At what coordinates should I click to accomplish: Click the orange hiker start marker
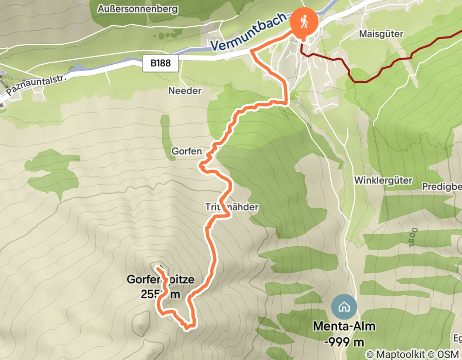click(303, 22)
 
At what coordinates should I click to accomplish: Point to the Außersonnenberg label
click(133, 9)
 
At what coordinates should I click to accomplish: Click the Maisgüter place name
click(381, 33)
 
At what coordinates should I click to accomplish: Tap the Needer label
click(185, 91)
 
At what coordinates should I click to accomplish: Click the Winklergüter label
click(377, 181)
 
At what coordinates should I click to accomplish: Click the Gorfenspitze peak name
click(160, 280)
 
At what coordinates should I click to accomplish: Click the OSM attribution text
click(447, 354)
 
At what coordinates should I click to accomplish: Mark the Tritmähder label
click(231, 207)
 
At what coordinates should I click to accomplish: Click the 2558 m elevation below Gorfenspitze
click(160, 294)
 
